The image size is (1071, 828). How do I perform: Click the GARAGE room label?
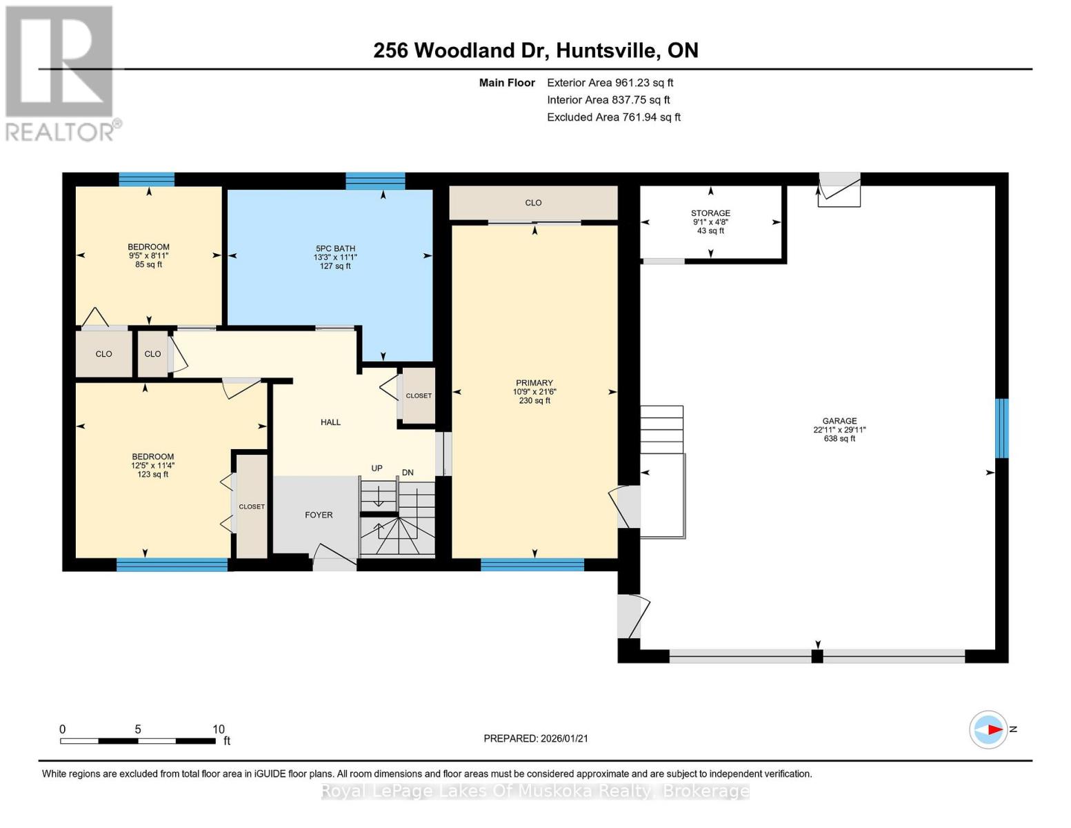pos(839,421)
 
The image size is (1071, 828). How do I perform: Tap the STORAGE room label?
pos(710,213)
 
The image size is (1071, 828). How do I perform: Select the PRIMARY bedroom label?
pos(534,383)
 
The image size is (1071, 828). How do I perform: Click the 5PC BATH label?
pos(335,248)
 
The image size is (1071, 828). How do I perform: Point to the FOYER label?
pos(319,515)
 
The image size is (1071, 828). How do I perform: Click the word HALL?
pos(330,422)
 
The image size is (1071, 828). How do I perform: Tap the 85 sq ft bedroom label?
pos(148,247)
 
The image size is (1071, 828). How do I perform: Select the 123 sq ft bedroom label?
pos(153,457)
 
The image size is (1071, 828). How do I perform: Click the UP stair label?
pos(377,469)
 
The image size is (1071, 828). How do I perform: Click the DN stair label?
pos(408,473)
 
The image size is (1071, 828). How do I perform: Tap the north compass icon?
pos(988,729)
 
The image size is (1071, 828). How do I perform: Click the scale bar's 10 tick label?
pos(219,729)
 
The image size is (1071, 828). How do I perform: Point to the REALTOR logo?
pos(61,72)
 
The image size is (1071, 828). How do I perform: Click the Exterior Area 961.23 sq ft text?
pos(610,83)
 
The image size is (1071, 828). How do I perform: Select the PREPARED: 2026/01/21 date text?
pos(536,738)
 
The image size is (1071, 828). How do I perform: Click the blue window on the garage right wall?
pos(1001,428)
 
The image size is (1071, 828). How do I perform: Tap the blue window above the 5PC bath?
pos(375,181)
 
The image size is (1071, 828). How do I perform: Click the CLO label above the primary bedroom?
pos(533,203)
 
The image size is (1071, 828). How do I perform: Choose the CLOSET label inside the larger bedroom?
pos(252,506)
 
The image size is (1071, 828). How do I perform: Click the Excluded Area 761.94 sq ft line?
pos(613,117)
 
